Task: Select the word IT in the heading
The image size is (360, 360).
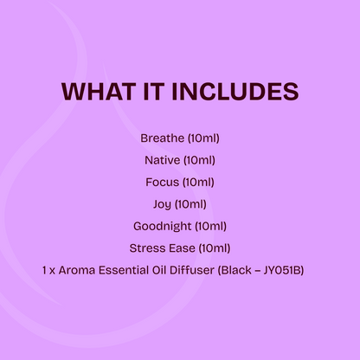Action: coord(154,92)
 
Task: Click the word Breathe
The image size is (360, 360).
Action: coord(162,138)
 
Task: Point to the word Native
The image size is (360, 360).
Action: coord(161,160)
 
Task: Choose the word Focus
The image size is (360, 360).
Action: coord(162,182)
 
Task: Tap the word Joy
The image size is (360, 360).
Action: coord(161,204)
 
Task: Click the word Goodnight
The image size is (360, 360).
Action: coord(162,227)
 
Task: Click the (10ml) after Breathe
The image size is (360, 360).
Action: coord(203,138)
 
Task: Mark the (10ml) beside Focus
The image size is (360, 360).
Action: coord(198,182)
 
